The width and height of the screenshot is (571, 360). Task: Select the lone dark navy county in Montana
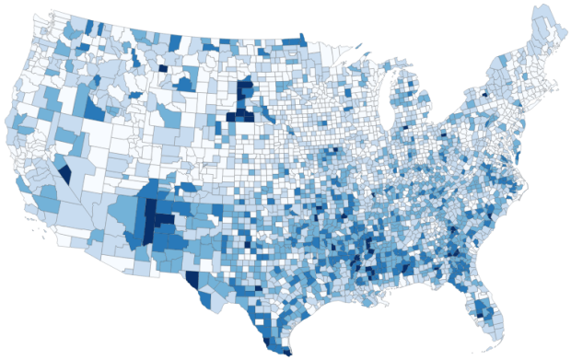(x=163, y=66)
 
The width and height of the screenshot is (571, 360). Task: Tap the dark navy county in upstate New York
(x=484, y=93)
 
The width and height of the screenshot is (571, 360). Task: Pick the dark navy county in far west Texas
(x=192, y=278)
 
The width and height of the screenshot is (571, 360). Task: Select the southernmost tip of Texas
(x=287, y=351)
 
